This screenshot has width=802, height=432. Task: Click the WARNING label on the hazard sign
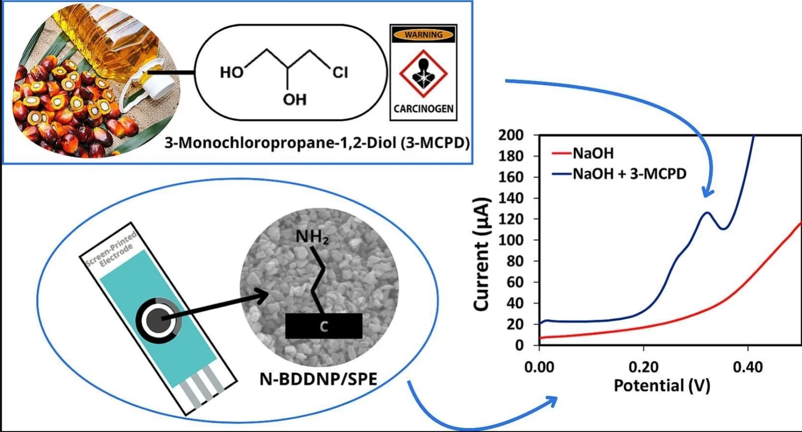pyautogui.click(x=423, y=35)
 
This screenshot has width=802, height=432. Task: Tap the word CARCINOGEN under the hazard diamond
pyautogui.click(x=423, y=109)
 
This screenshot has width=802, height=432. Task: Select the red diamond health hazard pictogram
pyautogui.click(x=423, y=73)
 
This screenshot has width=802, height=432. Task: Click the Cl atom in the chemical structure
pyautogui.click(x=340, y=72)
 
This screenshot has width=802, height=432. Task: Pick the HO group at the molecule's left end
pyautogui.click(x=232, y=72)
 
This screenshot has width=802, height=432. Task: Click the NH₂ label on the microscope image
pyautogui.click(x=312, y=237)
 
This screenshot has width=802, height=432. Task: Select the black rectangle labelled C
pyautogui.click(x=324, y=326)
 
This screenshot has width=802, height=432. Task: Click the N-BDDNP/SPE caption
pyautogui.click(x=318, y=379)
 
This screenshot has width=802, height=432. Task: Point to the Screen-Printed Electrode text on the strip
pyautogui.click(x=111, y=250)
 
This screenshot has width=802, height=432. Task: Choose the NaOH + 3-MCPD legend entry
pyautogui.click(x=629, y=174)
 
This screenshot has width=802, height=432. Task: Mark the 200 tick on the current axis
pyautogui.click(x=511, y=135)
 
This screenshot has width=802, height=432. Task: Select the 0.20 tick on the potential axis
pyautogui.click(x=643, y=367)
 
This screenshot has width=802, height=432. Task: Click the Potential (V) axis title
pyautogui.click(x=662, y=386)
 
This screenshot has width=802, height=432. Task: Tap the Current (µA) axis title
pyautogui.click(x=481, y=254)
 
